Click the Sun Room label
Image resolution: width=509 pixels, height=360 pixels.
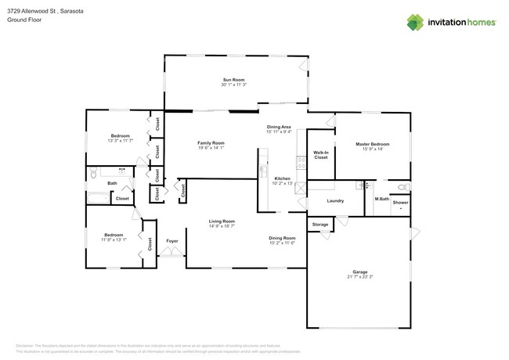(x=233, y=80)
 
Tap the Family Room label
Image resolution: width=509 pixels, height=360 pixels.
(x=211, y=143)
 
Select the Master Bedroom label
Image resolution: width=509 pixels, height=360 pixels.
(x=372, y=144)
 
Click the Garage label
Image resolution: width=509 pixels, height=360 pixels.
(x=359, y=272)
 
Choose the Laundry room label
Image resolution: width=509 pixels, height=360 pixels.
(x=335, y=201)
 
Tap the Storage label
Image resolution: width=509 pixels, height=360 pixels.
(x=319, y=225)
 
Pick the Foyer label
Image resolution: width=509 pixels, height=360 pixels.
(x=171, y=241)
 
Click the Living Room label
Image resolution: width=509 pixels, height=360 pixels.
(x=222, y=221)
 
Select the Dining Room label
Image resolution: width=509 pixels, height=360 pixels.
(x=282, y=238)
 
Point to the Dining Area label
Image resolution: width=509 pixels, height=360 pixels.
(x=279, y=127)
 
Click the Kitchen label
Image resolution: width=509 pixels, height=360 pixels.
(x=282, y=178)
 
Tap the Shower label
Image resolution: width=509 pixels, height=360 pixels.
(x=400, y=203)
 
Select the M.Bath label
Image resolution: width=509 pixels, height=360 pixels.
(x=381, y=199)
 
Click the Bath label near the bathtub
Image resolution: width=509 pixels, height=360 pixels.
(x=112, y=183)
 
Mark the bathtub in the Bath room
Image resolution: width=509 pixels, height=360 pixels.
(x=98, y=198)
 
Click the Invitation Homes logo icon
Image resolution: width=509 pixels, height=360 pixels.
(x=415, y=22)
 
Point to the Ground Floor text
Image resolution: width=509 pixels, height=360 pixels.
(x=23, y=21)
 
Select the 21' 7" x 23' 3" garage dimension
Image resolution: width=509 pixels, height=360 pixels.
(x=359, y=278)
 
